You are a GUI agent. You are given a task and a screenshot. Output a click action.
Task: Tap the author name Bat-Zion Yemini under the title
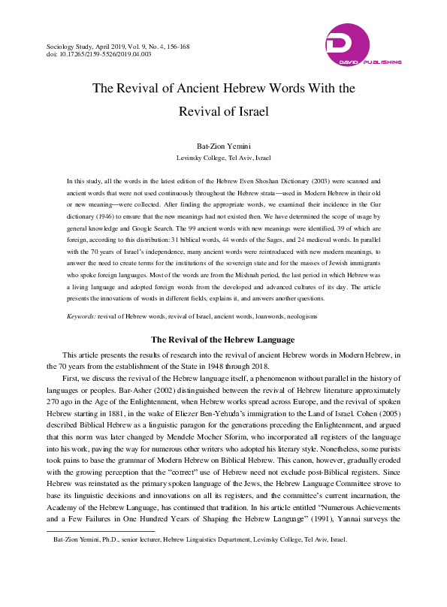pos(223,146)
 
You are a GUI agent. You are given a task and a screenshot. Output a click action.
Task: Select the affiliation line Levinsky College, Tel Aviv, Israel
pos(223,159)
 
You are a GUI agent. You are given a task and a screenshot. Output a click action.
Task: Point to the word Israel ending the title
pos(249,112)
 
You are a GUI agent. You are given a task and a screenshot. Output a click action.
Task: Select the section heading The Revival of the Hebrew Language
pos(223,340)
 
